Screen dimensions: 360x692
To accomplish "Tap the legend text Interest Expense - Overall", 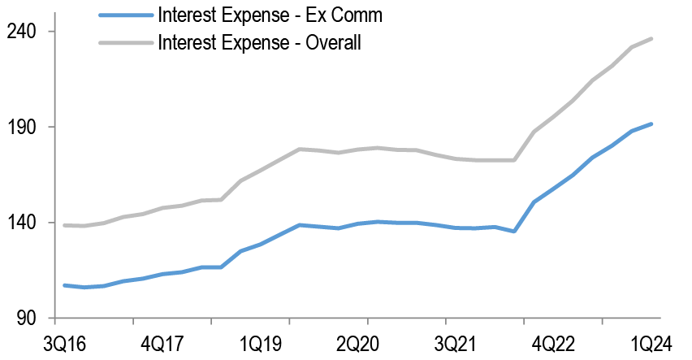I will (259, 42).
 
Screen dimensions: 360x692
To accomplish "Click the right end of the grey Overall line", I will (651, 38).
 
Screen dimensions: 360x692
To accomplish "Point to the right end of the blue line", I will (651, 124).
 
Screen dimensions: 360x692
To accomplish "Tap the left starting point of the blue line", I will (64, 285).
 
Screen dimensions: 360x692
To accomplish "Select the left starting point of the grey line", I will (64, 225).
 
